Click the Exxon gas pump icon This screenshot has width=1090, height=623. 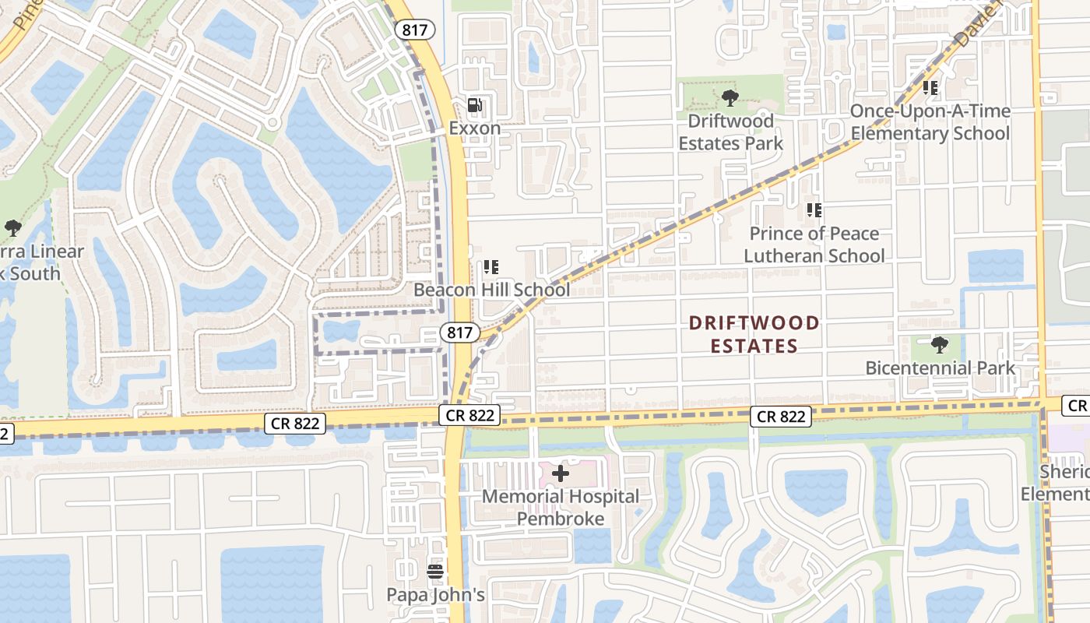(474, 105)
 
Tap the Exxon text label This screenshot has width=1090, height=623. (474, 128)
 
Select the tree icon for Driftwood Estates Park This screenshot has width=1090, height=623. (730, 98)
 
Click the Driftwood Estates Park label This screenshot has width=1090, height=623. (730, 132)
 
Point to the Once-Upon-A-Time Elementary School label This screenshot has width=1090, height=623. (930, 122)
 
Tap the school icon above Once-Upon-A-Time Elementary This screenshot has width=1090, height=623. (930, 88)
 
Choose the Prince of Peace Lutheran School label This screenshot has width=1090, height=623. (814, 245)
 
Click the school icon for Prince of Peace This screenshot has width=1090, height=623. (814, 210)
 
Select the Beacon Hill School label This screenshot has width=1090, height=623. (491, 290)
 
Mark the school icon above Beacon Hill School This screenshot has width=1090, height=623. (490, 267)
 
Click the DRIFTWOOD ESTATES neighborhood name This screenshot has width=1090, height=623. (754, 334)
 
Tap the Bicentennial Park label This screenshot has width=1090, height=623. (940, 368)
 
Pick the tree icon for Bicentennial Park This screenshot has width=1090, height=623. (940, 344)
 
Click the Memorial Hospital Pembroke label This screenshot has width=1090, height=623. (561, 507)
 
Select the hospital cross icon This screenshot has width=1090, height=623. (561, 473)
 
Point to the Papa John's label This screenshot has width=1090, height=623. (435, 595)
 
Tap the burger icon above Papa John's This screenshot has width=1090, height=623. (435, 572)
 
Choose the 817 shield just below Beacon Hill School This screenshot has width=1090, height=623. (459, 333)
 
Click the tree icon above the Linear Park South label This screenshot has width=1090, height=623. (12, 228)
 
